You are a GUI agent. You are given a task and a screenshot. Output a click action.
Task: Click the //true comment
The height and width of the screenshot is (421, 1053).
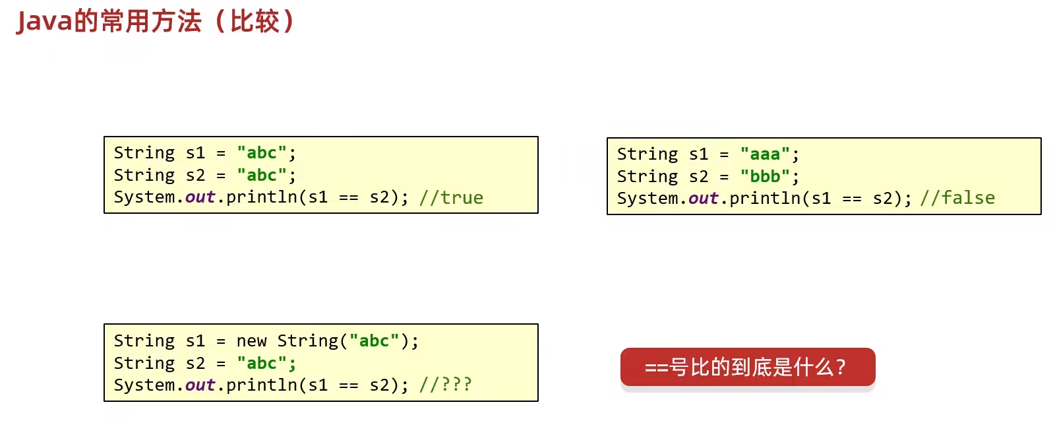pos(451,197)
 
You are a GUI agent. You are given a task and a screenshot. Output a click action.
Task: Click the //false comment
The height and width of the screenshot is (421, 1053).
pos(957,198)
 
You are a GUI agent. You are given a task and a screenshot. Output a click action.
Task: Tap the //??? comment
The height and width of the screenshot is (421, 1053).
pos(446,385)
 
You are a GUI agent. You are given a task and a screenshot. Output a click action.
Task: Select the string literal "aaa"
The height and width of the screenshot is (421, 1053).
pos(765,154)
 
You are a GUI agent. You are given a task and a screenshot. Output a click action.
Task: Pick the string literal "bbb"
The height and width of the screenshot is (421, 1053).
pos(765,176)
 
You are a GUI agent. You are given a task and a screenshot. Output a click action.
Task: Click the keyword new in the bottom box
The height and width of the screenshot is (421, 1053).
pos(251,341)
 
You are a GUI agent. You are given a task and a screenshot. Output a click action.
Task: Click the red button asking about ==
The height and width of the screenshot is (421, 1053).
pos(748,367)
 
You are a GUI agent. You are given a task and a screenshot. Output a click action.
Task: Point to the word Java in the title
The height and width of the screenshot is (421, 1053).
pos(45,22)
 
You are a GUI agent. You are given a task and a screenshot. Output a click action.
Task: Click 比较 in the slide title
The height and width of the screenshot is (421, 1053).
pos(255,22)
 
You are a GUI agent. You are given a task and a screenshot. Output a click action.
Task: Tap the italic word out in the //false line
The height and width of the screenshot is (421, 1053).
pos(704,199)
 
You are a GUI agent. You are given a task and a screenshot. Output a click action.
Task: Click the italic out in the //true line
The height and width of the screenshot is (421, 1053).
pos(200,197)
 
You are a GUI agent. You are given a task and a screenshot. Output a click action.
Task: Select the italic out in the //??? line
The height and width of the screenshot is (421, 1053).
pos(200,385)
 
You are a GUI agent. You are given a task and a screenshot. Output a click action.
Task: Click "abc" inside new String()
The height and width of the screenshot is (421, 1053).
pos(375,340)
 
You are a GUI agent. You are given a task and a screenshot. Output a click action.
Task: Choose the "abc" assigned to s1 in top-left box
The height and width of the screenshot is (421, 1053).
pos(261,153)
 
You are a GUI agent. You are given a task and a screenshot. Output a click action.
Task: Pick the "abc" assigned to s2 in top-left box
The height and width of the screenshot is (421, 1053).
pos(261,176)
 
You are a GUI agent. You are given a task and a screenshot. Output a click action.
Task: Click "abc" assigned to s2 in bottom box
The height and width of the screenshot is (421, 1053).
pos(261,363)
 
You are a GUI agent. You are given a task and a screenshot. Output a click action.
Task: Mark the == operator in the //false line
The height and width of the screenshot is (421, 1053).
pos(852,199)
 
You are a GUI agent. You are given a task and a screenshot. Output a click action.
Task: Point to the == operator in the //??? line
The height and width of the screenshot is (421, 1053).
pos(349,386)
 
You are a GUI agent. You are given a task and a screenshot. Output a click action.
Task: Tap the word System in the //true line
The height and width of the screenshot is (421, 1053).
pos(145,197)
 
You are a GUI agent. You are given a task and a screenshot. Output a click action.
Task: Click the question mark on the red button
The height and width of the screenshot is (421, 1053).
pos(841,367)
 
